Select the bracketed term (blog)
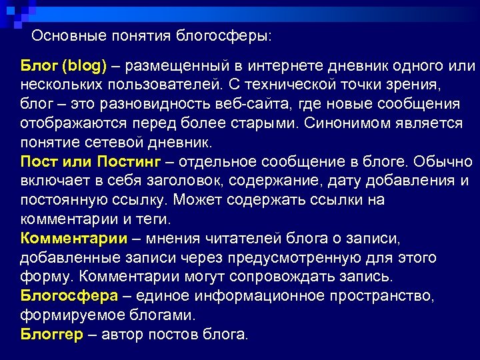pyautogui.click(x=85, y=66)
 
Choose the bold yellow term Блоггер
pyautogui.click(x=53, y=334)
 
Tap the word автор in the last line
pyautogui.click(x=124, y=334)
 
